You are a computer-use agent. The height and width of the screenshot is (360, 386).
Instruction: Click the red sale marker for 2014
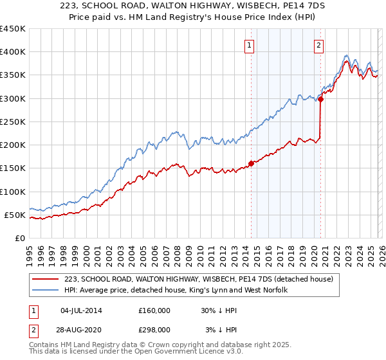[x=251, y=163]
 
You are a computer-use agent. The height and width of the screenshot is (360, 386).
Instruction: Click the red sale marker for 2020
[x=320, y=99]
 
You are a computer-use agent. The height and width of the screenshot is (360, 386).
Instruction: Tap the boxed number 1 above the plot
[x=249, y=45]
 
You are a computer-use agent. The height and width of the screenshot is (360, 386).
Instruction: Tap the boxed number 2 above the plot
[x=318, y=45]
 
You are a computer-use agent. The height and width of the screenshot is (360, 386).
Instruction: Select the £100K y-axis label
[x=12, y=192]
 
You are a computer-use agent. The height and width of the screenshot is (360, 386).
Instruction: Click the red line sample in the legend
[x=45, y=280]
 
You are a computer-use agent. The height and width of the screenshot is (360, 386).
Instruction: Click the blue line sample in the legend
[x=45, y=291]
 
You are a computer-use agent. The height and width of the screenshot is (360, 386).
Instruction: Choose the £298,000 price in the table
[x=154, y=329]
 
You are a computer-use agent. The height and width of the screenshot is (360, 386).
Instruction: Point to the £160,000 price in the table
[x=154, y=310]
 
